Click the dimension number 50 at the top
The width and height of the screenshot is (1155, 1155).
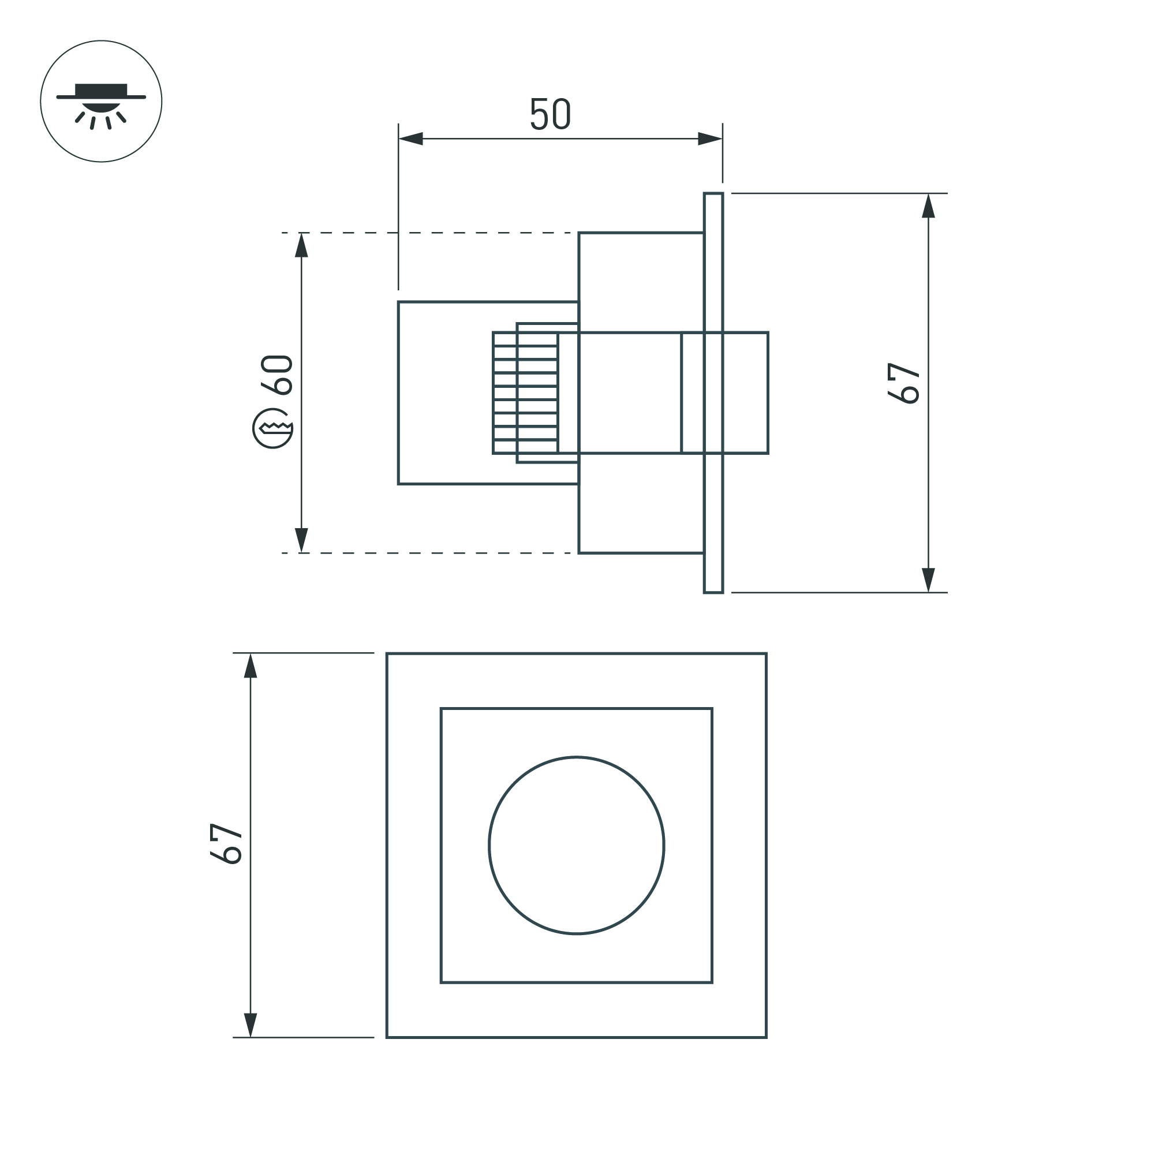pos(550,114)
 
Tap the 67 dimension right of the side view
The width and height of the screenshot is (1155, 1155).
pos(903,383)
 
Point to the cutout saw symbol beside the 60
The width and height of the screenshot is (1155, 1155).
pos(273,428)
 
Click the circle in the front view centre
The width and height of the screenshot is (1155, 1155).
pos(575,844)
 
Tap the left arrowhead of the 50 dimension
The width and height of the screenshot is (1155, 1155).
pos(411,139)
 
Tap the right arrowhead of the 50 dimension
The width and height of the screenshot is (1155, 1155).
pos(710,139)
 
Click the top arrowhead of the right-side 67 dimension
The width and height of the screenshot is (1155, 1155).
pos(928,206)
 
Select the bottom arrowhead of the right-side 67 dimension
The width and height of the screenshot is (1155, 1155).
pos(928,580)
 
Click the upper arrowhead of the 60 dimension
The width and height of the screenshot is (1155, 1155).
pos(301,245)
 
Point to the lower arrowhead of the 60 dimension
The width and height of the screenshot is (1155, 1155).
pos(301,540)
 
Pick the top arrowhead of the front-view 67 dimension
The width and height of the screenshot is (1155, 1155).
pos(251,666)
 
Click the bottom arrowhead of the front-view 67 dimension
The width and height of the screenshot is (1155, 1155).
pos(251,1024)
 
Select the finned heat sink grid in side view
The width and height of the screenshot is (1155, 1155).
pos(525,393)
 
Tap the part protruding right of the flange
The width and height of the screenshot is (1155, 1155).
pos(746,393)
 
